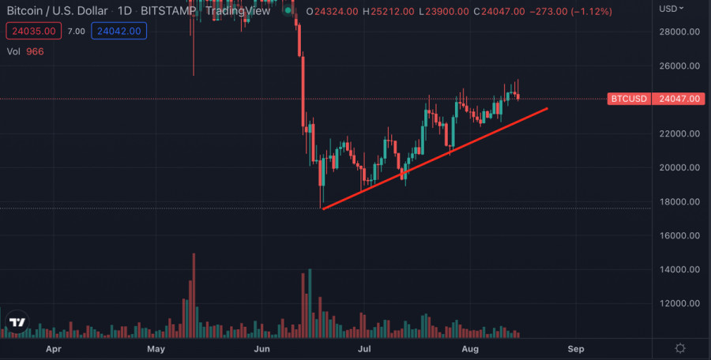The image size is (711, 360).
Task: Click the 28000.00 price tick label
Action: click(x=681, y=32)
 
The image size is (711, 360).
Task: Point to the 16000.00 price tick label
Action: click(x=681, y=235)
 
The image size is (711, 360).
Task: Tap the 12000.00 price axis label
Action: click(x=681, y=303)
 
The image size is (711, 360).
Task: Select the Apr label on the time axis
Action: click(x=53, y=348)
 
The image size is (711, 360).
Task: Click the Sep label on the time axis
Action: click(x=576, y=348)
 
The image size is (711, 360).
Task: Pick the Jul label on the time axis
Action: click(x=366, y=348)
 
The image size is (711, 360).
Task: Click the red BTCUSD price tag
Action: click(x=630, y=99)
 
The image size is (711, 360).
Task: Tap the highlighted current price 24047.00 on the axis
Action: click(x=679, y=99)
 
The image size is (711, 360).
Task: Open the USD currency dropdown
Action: click(x=671, y=8)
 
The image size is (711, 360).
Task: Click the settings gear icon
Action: click(x=680, y=348)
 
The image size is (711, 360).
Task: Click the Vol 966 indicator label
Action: click(x=25, y=51)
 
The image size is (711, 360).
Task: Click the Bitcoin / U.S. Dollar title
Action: click(x=57, y=11)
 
